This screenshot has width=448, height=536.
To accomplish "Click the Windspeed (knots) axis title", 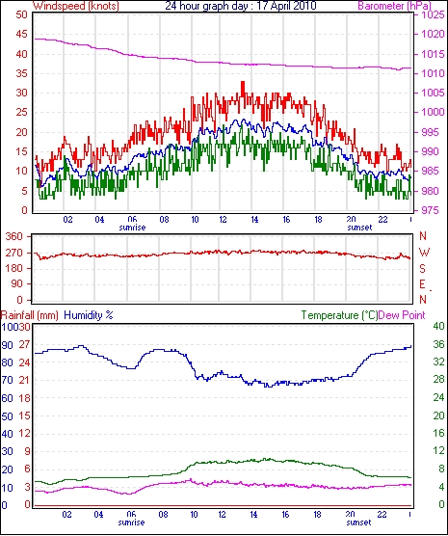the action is coord(76,6).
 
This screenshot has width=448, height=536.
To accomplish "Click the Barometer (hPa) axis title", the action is coord(394,6).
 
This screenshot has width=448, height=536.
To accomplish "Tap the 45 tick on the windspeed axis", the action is coord(21,35).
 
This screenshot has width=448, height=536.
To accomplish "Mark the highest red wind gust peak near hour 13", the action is coord(243,82).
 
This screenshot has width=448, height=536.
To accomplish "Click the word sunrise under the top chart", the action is coord(132,228).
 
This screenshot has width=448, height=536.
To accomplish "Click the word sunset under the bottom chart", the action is coord(358,523).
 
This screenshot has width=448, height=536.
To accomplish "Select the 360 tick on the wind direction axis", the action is coord(15,236).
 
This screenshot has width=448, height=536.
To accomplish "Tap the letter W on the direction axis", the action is coord(424,253).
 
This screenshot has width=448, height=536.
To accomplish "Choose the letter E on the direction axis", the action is coord(422,284).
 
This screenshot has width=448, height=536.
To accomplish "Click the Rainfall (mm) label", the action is coord(30,315).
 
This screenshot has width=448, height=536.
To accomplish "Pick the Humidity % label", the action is coord(89,315).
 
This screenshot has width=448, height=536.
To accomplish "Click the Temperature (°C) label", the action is coord(339,315).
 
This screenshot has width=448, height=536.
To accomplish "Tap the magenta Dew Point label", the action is coord(402,315).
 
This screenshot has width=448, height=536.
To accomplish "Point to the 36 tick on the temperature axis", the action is coord(438,344).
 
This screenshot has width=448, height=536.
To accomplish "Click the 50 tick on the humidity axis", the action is coord(7,416).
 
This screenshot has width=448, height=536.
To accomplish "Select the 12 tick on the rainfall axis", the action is coord(24,434).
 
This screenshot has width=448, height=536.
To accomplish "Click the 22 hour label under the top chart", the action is coord(382,219).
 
